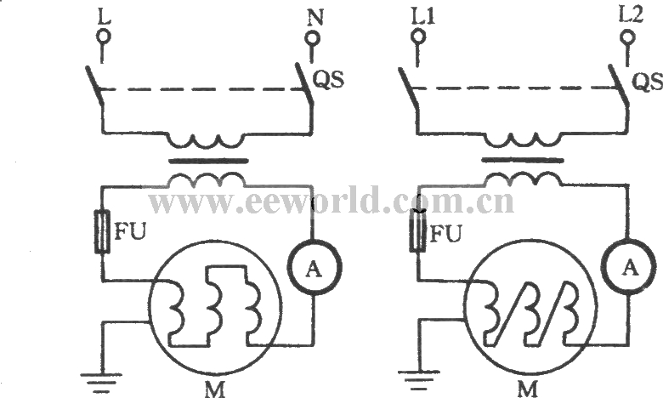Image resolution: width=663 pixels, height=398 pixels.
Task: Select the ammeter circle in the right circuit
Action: click(x=630, y=267)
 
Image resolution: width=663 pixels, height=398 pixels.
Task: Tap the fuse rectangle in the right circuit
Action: click(x=417, y=232)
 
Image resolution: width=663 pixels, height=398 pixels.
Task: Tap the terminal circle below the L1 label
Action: click(x=417, y=38)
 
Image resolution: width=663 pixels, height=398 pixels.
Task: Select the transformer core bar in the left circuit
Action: click(x=207, y=159)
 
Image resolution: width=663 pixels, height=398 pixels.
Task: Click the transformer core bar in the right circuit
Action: click(x=522, y=159)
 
